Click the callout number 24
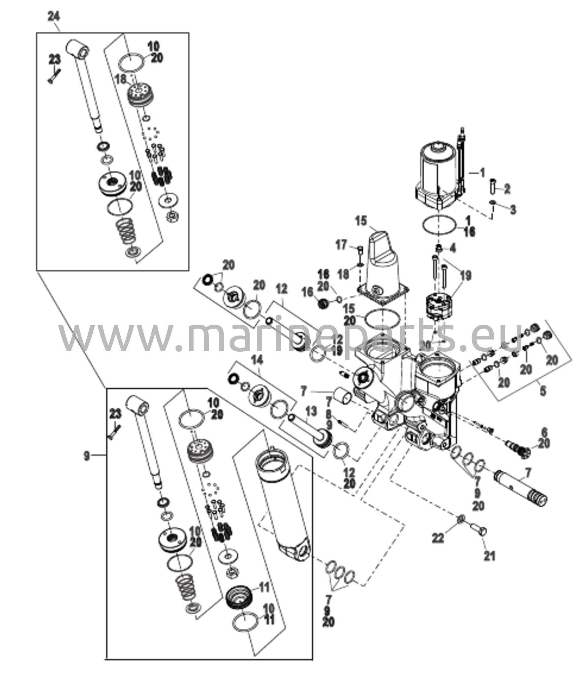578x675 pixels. (x=54, y=16)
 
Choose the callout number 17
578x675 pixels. (x=341, y=245)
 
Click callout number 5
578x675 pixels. (x=542, y=391)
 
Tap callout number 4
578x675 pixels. (x=453, y=248)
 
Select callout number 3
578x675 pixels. (x=513, y=210)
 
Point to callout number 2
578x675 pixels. (x=507, y=189)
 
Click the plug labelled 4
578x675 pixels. (x=440, y=248)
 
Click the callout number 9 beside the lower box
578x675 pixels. (x=86, y=456)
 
